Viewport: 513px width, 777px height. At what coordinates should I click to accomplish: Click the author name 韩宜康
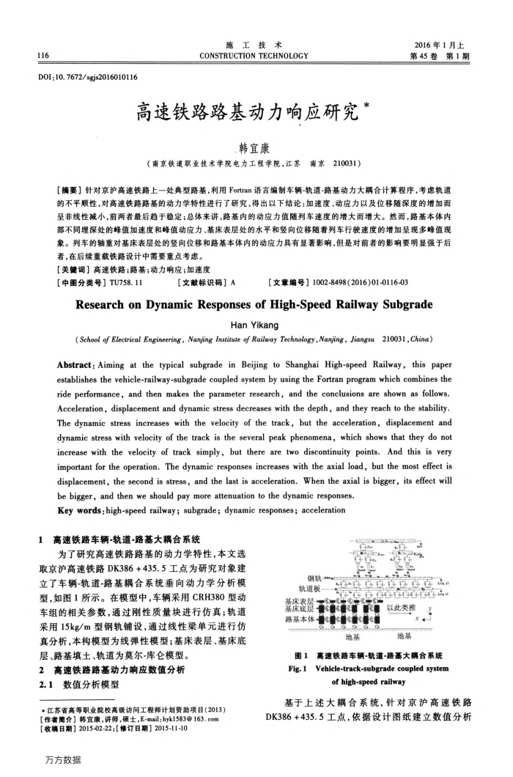(x=256, y=145)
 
